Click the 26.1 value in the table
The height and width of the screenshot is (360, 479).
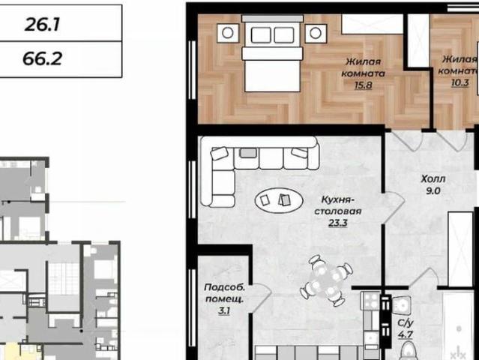coord(42,25)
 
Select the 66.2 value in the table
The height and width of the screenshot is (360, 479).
coord(42,58)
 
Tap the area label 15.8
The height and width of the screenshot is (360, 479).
coord(364,85)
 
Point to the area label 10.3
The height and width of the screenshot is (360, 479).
coord(460,82)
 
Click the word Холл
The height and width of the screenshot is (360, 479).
coord(433,178)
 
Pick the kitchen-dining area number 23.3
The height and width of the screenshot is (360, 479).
coord(338,223)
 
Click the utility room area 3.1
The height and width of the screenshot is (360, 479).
coord(224,310)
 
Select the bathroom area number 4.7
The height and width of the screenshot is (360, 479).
coord(406,334)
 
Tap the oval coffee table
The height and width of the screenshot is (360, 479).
coord(279,200)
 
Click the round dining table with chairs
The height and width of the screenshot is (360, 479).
coord(326,280)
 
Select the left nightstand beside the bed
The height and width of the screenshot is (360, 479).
coord(228,33)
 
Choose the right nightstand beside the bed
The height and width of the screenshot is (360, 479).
coord(316,33)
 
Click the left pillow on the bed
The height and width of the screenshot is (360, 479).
coord(261,34)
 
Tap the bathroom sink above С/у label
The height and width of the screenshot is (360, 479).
coord(401,305)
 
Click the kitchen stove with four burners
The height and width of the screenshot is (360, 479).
coord(370,301)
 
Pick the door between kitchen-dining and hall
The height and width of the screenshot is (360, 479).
coord(394,208)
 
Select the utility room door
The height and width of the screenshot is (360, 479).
coord(261,298)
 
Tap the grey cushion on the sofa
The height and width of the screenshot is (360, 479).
coord(248,153)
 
